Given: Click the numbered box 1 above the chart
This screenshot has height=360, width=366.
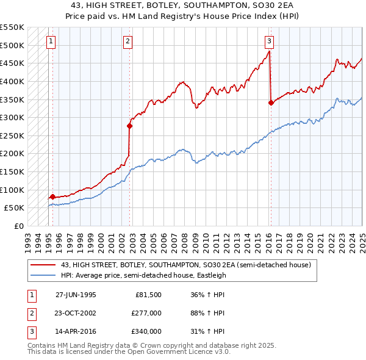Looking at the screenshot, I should (50, 41).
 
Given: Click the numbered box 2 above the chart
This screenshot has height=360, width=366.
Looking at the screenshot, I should (127, 41).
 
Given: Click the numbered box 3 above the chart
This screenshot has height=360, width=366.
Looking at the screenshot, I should (269, 41).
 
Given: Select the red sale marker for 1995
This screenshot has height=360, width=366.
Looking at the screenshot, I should (52, 196).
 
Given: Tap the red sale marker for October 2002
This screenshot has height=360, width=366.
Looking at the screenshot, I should (129, 126).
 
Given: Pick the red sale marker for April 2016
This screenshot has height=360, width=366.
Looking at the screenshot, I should (271, 103).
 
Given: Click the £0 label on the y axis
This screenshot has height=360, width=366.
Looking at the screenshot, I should (18, 226).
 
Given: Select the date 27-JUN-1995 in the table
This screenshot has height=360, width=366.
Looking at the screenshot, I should (76, 294).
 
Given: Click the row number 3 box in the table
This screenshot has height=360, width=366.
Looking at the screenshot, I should (30, 332).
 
